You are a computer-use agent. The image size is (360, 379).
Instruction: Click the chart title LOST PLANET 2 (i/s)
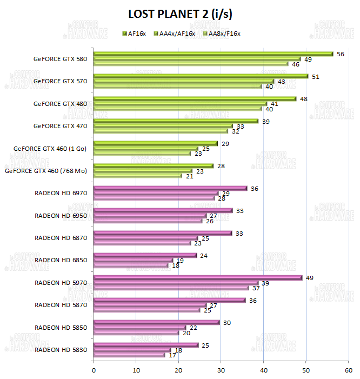[x=181, y=13]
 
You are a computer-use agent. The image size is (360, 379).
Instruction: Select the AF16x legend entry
[x=135, y=34]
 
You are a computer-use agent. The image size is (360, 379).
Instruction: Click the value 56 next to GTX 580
[x=340, y=54]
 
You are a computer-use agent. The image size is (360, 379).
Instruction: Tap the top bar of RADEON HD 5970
[x=197, y=278]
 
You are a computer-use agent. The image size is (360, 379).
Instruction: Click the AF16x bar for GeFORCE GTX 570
[x=201, y=76]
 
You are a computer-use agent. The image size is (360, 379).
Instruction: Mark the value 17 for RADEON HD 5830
[x=172, y=355]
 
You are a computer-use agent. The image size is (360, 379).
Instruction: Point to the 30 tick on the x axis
[x=221, y=370]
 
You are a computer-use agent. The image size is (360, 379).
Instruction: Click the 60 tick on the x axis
[x=348, y=370]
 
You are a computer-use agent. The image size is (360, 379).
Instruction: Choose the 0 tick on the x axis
[x=94, y=370]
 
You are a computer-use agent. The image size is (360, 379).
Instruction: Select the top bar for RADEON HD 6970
[x=170, y=188]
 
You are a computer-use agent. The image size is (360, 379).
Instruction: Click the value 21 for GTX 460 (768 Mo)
[x=189, y=176]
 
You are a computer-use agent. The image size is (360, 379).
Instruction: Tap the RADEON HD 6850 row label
[x=61, y=260]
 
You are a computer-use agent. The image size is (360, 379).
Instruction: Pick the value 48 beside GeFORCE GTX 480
[x=304, y=99]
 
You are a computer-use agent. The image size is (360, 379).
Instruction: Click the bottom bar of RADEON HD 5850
[x=136, y=333]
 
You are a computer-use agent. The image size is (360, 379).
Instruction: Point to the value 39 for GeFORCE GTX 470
[x=266, y=121]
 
